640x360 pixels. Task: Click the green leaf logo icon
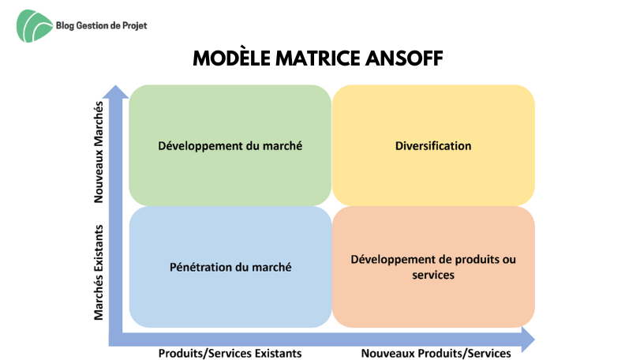click(x=34, y=26)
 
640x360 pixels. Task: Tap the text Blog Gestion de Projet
click(x=101, y=26)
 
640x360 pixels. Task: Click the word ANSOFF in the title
click(x=404, y=58)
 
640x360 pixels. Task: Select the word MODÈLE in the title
click(x=231, y=58)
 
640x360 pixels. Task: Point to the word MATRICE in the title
click(x=317, y=58)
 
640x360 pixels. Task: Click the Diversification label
click(x=433, y=146)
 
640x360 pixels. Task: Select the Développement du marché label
click(x=230, y=146)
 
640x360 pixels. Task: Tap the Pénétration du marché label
click(x=230, y=268)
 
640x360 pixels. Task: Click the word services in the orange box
click(x=433, y=275)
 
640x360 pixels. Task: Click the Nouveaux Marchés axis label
click(x=99, y=152)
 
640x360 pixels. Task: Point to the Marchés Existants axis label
click(x=99, y=272)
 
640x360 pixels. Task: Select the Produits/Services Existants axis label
click(x=230, y=354)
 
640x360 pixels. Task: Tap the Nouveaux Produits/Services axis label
click(x=436, y=354)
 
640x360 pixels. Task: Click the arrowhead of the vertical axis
click(x=115, y=92)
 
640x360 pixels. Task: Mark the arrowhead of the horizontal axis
click(x=528, y=339)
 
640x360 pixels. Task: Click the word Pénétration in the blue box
click(x=200, y=268)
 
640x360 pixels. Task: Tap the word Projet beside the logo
click(x=135, y=26)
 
